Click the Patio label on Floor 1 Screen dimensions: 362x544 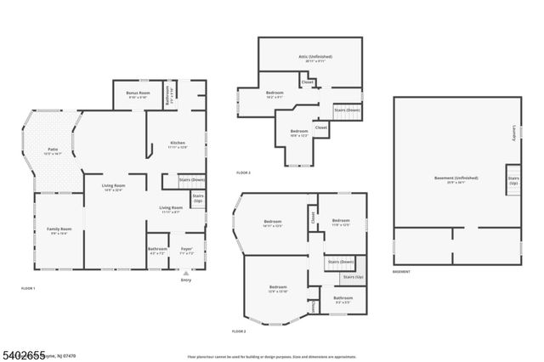tap(53, 151)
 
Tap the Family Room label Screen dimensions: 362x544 tap(59, 231)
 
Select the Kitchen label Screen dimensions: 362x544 tap(177, 144)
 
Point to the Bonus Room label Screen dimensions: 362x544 tap(138, 94)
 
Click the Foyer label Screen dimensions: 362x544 tap(187, 250)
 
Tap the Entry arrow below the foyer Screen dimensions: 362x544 tap(186, 275)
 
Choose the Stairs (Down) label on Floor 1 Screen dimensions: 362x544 tap(191, 180)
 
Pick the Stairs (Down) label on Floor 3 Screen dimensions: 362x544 tap(346, 110)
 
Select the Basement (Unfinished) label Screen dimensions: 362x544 tap(456, 179)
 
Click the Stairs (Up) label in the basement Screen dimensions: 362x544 tap(513, 181)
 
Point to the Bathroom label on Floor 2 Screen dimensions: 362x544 tap(343, 299)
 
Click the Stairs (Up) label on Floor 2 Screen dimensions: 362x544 tap(352, 277)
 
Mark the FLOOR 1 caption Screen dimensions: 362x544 tap(27, 289)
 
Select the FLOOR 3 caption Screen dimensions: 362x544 tap(243, 173)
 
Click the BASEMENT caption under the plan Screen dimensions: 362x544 tap(402, 272)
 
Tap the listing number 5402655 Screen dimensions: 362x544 tap(23, 355)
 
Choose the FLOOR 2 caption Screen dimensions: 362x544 tap(239, 331)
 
